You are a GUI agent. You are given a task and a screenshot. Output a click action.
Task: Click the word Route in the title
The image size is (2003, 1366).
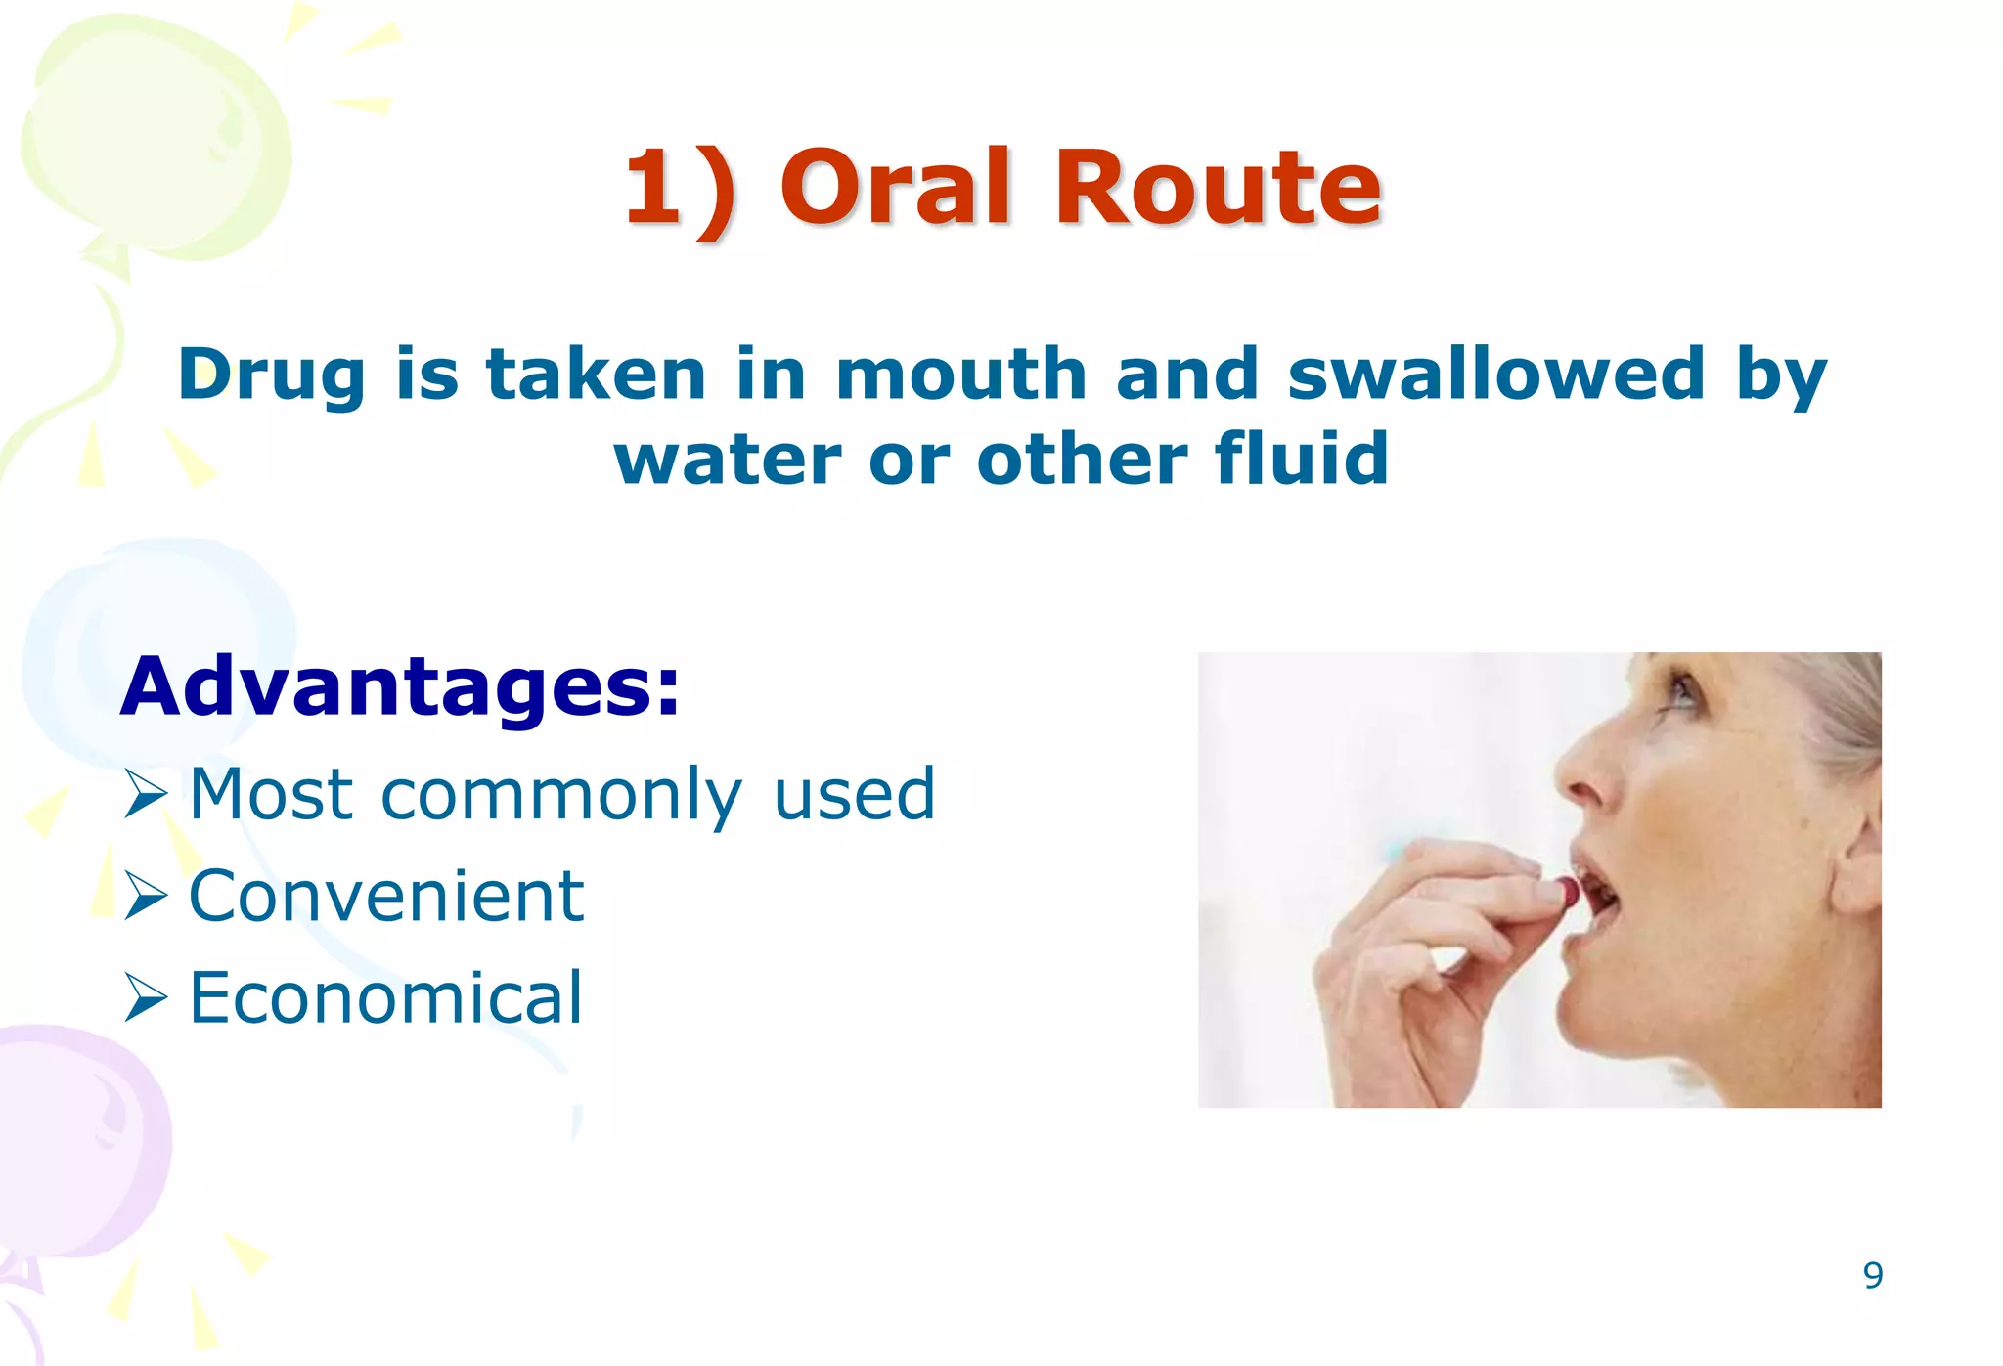[1217, 188]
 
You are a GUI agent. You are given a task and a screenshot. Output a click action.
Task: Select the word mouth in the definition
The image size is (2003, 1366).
[960, 375]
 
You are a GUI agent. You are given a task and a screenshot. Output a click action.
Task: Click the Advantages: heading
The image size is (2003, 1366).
[399, 687]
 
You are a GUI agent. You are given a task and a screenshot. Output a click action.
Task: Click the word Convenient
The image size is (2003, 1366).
[386, 896]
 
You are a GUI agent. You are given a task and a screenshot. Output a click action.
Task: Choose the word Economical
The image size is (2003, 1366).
[386, 997]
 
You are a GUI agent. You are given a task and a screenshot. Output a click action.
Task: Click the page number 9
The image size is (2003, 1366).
[1872, 1275]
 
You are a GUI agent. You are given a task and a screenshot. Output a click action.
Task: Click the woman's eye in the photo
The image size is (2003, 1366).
[1684, 689]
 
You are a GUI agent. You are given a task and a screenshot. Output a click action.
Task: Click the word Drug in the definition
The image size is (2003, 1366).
[271, 376]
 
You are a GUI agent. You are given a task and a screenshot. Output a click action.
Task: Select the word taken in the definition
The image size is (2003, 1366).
[596, 375]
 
